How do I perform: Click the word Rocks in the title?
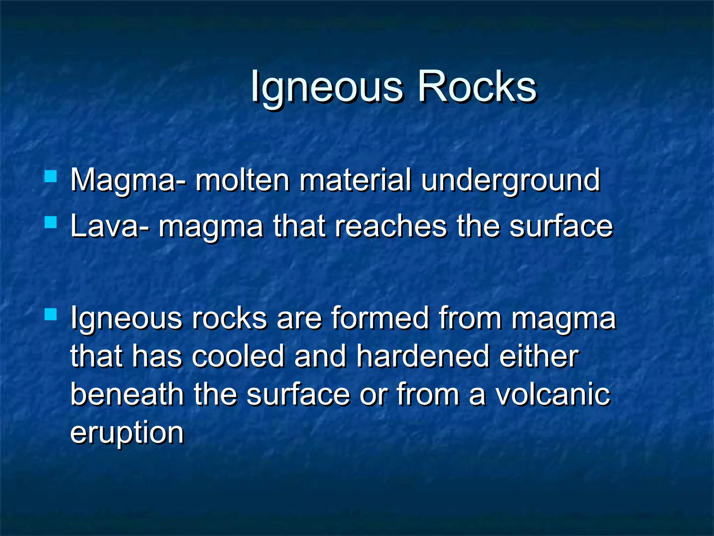(477, 87)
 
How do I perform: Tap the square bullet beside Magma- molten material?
(51, 176)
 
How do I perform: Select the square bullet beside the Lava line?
(51, 222)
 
